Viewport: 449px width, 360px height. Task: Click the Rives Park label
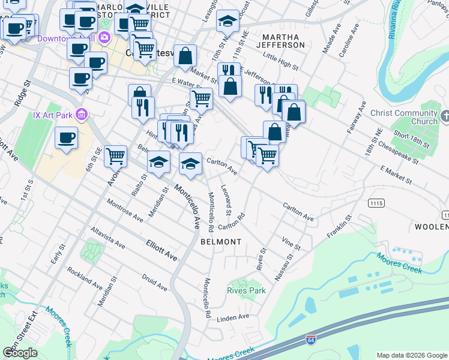pos(246,290)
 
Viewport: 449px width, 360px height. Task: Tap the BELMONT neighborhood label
pos(221,242)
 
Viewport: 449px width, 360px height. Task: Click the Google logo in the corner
pos(20,353)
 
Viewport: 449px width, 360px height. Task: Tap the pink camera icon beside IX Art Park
pos(83,114)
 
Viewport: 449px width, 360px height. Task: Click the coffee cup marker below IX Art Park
pos(66,138)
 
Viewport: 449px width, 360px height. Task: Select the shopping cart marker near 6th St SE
pos(115,156)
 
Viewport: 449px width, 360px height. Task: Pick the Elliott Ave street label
pos(161,250)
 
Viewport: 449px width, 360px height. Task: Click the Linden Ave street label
pos(232,317)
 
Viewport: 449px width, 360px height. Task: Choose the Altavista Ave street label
pos(107,238)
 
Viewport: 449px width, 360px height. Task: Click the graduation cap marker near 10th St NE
pos(228,22)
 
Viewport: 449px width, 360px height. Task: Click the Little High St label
pos(280,61)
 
